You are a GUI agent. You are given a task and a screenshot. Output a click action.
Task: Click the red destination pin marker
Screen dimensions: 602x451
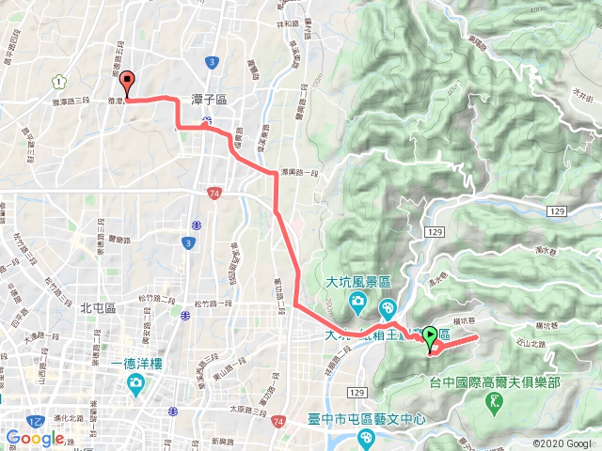point(128,83)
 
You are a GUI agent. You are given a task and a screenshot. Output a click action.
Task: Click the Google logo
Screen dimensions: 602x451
point(35,439)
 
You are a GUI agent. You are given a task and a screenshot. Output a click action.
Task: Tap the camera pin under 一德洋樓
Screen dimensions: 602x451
point(135,383)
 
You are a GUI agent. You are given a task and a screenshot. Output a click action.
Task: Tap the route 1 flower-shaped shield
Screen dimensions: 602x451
point(60,81)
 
